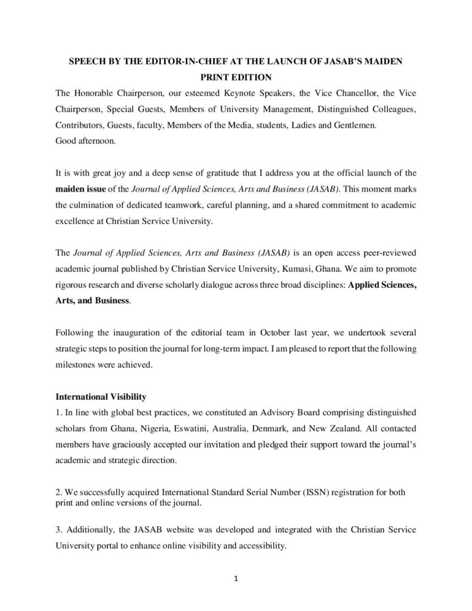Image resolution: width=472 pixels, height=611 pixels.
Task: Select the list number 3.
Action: pos(58,529)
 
